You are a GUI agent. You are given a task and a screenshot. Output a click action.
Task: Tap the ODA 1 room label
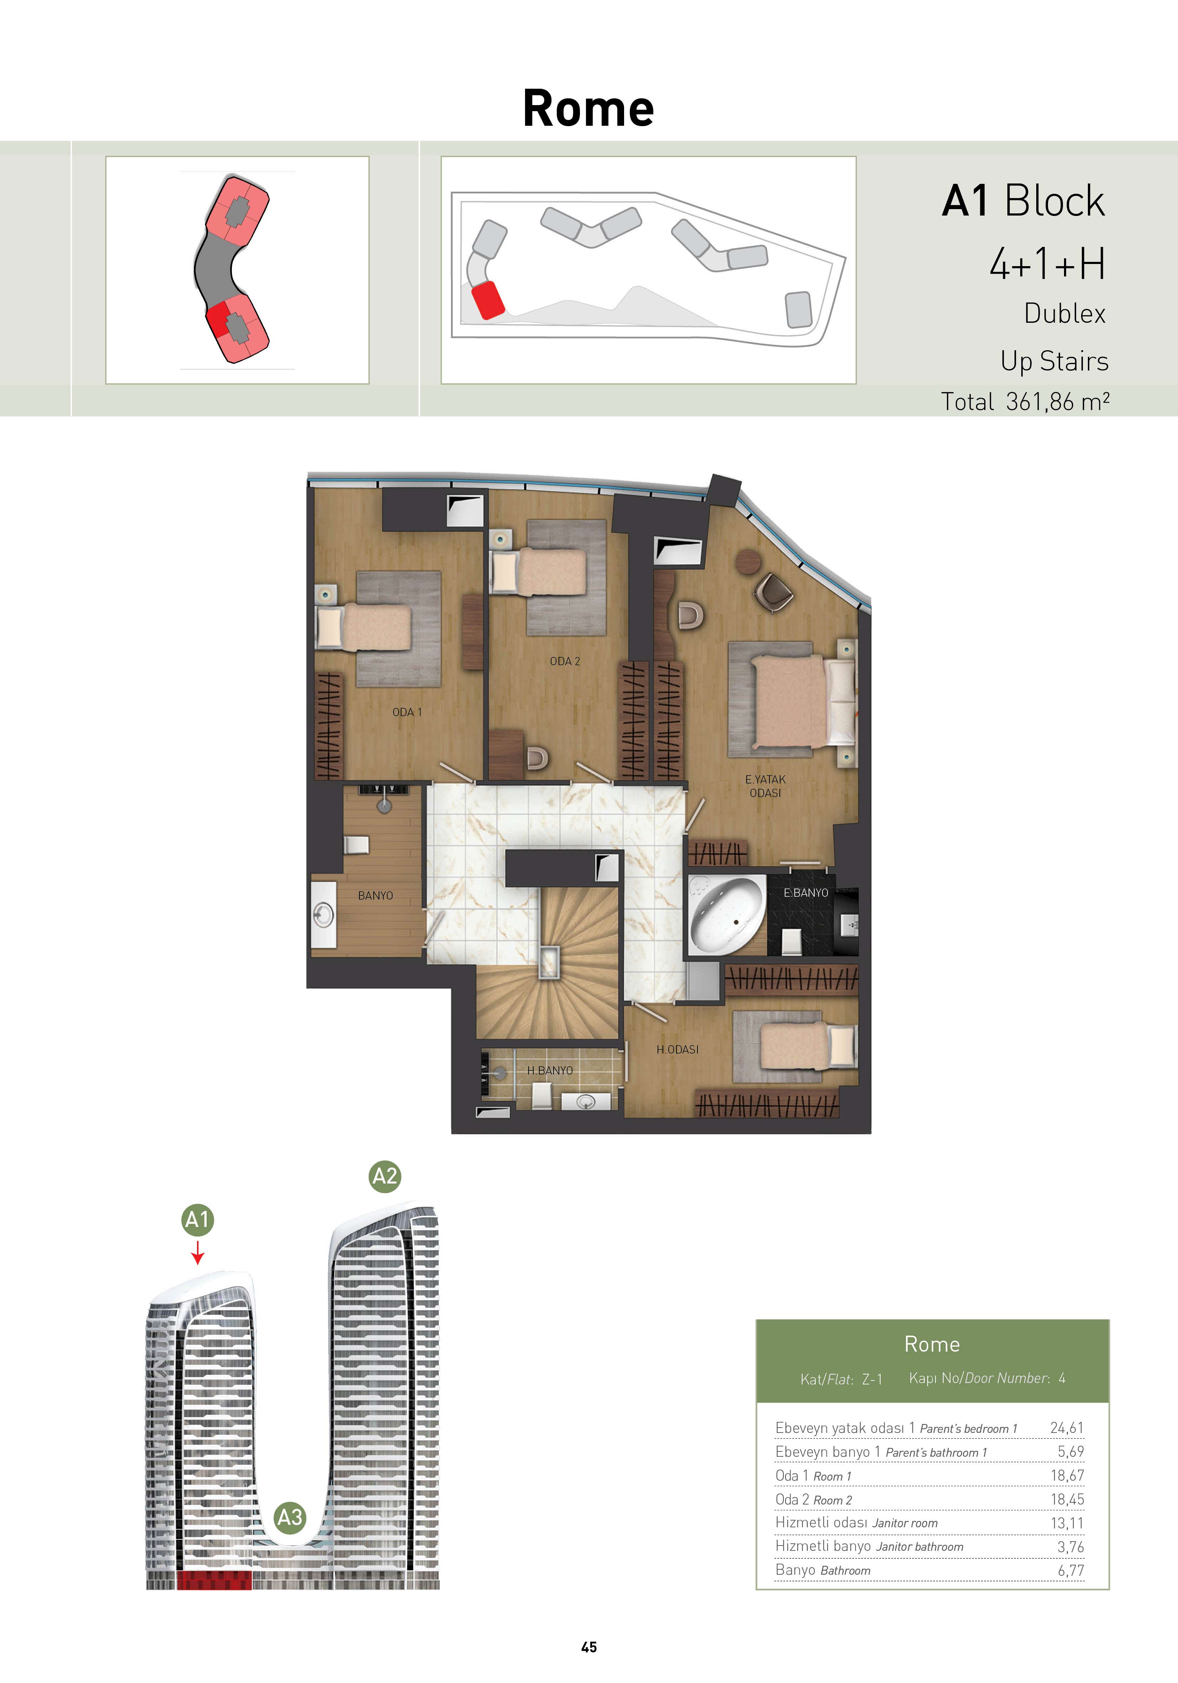click(x=407, y=712)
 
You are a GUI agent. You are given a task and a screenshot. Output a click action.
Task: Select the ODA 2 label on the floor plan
click(x=565, y=661)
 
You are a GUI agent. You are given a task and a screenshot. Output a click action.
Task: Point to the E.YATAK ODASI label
click(x=765, y=786)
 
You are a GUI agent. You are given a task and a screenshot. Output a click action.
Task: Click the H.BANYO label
click(x=550, y=1070)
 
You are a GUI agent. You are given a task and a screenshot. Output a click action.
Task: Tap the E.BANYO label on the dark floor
click(x=806, y=893)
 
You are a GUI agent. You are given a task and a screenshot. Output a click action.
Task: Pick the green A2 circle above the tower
click(x=385, y=1176)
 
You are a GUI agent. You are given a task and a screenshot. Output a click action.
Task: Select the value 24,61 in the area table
click(x=1067, y=1428)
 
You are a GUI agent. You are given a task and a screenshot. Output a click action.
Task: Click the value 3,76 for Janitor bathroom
click(x=1070, y=1547)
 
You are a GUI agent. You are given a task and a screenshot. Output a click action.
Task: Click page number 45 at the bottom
click(x=588, y=1647)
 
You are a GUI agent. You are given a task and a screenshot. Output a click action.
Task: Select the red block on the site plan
click(x=487, y=300)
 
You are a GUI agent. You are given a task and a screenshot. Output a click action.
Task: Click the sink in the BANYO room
click(x=323, y=914)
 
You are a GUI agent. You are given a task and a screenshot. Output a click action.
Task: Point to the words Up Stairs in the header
click(x=1054, y=361)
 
